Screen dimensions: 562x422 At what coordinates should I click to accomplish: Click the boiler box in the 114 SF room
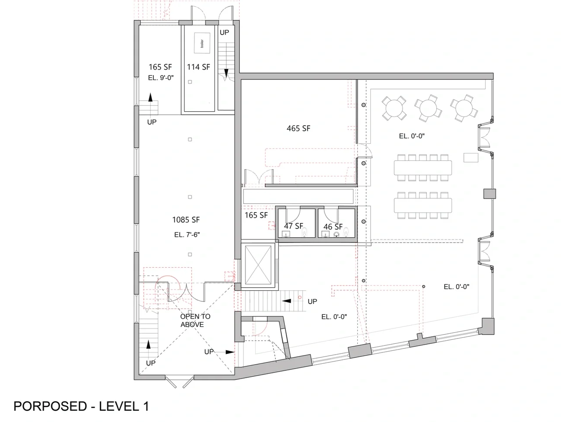coord(202,43)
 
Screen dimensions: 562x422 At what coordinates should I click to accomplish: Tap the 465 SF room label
coord(298,128)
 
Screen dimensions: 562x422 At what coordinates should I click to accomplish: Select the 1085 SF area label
coord(186,220)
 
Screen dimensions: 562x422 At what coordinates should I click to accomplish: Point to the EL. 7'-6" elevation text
coord(187,235)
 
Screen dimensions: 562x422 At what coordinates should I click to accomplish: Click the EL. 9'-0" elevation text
coord(161,78)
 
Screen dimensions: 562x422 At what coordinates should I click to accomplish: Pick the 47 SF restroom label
coord(294,226)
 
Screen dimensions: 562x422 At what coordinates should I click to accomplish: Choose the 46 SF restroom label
coord(333,227)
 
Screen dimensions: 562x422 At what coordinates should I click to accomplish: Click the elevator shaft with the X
coord(258,265)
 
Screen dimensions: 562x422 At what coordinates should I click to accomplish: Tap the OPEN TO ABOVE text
coord(195,321)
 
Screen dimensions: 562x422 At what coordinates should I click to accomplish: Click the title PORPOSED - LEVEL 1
coord(81,406)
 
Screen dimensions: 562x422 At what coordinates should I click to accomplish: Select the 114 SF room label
coord(198,67)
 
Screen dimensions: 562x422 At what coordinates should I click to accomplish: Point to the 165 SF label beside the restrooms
coord(256,215)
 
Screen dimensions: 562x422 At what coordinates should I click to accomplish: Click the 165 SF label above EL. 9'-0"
coord(160,67)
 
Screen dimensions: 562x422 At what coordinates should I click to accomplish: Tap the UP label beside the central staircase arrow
coord(312,302)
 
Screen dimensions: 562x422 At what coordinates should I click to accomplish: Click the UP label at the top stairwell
coord(224,33)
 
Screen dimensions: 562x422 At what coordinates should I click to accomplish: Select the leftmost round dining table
coord(394,108)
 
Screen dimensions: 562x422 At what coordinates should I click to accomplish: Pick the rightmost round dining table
coord(464,108)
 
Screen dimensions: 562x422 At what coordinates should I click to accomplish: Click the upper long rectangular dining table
coord(423,168)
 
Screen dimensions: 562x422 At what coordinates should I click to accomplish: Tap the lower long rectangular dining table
coord(423,206)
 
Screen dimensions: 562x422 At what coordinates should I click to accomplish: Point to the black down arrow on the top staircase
coord(226,73)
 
